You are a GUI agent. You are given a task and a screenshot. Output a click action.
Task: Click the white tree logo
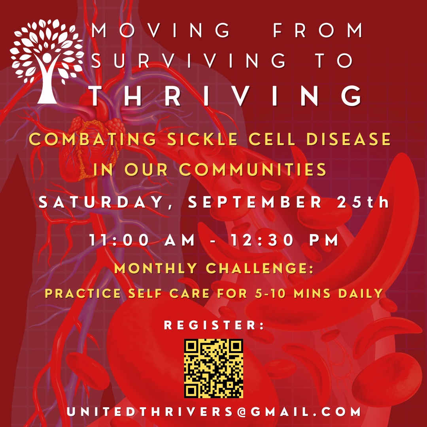click(x=47, y=61)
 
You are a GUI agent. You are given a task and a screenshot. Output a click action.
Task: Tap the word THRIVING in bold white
click(x=226, y=96)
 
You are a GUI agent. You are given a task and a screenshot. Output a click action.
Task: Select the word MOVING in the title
click(x=161, y=30)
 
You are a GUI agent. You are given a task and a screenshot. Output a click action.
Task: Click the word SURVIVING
click(x=188, y=60)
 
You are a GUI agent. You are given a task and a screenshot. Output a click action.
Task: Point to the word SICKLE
click(x=202, y=139)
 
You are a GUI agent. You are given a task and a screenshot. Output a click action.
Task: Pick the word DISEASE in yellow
click(x=349, y=139)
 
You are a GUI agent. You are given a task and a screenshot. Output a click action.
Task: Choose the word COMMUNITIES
click(x=253, y=169)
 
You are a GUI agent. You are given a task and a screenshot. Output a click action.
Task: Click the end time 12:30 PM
click(x=284, y=240)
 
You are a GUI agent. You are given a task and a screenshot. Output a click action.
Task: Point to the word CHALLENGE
click(x=260, y=268)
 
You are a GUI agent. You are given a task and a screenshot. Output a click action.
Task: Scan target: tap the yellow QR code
click(x=213, y=368)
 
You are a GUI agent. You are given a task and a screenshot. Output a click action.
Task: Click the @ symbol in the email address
click(x=241, y=412)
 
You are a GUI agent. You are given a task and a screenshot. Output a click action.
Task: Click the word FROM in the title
click(x=318, y=30)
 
